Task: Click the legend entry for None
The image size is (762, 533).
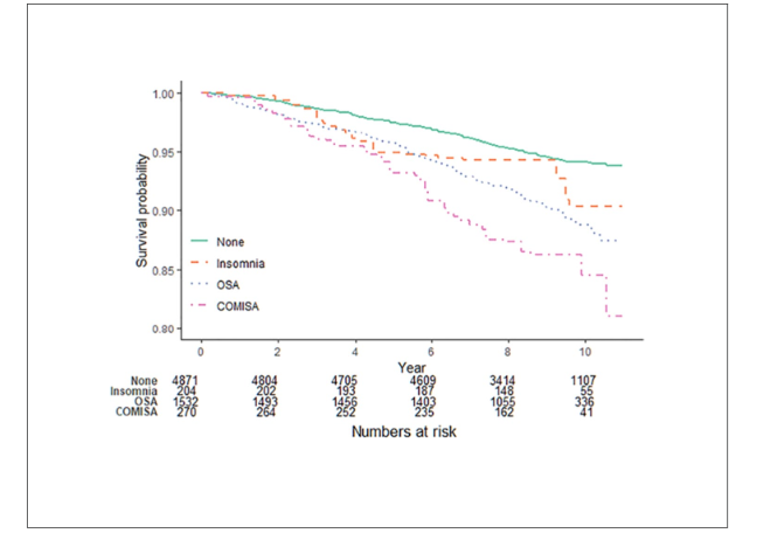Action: [231, 241]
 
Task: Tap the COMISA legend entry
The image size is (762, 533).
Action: [237, 307]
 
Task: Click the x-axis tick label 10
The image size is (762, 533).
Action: [584, 353]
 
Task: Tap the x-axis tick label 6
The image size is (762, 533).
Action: [431, 353]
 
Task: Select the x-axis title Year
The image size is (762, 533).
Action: [411, 367]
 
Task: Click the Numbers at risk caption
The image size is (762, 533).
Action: [404, 433]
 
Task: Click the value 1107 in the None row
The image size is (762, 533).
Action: [584, 381]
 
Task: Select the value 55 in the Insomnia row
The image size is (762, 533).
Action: [584, 391]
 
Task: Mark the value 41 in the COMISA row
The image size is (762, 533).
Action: [584, 411]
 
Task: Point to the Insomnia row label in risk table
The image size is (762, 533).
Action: [135, 391]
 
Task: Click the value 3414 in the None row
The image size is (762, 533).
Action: [507, 381]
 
